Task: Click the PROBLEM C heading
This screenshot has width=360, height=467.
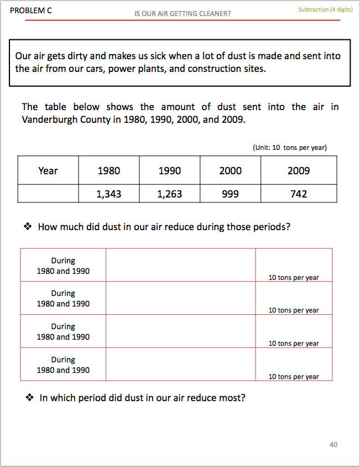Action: (x=31, y=10)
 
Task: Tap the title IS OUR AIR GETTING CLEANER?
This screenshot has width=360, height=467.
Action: (x=182, y=14)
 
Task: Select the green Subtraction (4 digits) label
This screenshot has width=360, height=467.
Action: (x=325, y=9)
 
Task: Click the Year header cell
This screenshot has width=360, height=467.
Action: (x=48, y=171)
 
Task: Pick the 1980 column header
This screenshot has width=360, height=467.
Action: (x=108, y=171)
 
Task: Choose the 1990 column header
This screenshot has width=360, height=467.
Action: (x=169, y=171)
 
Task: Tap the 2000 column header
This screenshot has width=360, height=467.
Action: (x=230, y=171)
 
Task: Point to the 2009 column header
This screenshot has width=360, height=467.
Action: (x=299, y=171)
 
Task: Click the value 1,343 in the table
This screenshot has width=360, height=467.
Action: (x=108, y=194)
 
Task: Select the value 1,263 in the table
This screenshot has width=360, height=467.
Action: (x=169, y=194)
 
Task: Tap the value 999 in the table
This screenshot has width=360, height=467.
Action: (x=230, y=194)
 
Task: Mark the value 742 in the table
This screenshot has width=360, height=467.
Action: (x=299, y=194)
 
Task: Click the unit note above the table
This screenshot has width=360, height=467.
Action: (x=289, y=148)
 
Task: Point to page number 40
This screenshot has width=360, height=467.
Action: (x=333, y=445)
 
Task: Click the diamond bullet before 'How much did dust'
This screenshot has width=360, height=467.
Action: (x=28, y=227)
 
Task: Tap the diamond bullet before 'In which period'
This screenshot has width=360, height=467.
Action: (x=29, y=398)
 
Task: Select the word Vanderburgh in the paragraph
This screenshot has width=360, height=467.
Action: (x=50, y=120)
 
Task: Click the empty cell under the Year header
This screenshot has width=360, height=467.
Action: (x=48, y=194)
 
